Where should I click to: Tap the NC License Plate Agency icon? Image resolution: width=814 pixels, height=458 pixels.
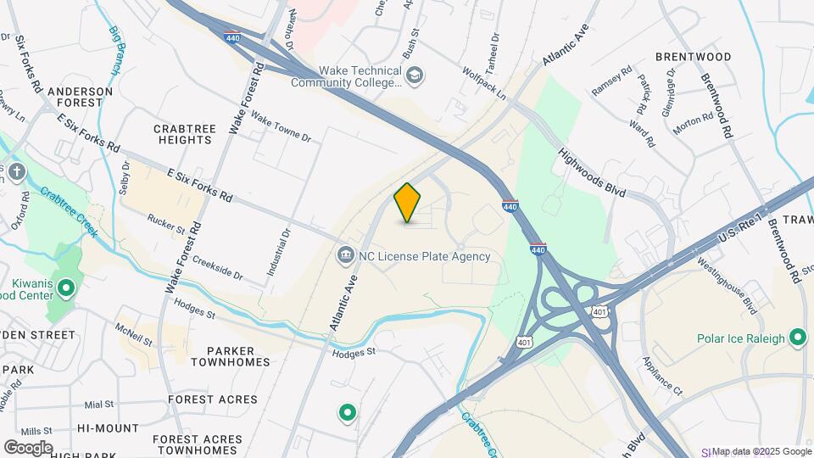(345, 255)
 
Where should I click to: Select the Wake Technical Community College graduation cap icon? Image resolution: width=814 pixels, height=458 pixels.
(414, 77)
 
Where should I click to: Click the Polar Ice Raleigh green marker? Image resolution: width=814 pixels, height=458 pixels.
(796, 338)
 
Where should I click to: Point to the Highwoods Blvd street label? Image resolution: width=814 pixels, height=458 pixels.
(592, 174)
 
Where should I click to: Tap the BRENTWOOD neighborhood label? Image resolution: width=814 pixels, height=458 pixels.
(693, 57)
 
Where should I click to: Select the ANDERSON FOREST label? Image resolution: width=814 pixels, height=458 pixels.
(81, 97)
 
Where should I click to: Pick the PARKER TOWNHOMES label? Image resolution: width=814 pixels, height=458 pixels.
(230, 355)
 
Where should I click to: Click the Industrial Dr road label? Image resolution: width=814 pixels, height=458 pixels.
(277, 252)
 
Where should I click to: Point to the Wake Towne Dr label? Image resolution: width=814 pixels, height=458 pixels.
(281, 130)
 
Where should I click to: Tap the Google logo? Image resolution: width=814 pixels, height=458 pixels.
(28, 447)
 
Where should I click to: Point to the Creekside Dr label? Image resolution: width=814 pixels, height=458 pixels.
(216, 269)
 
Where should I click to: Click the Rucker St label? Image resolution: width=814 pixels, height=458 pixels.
(165, 224)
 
